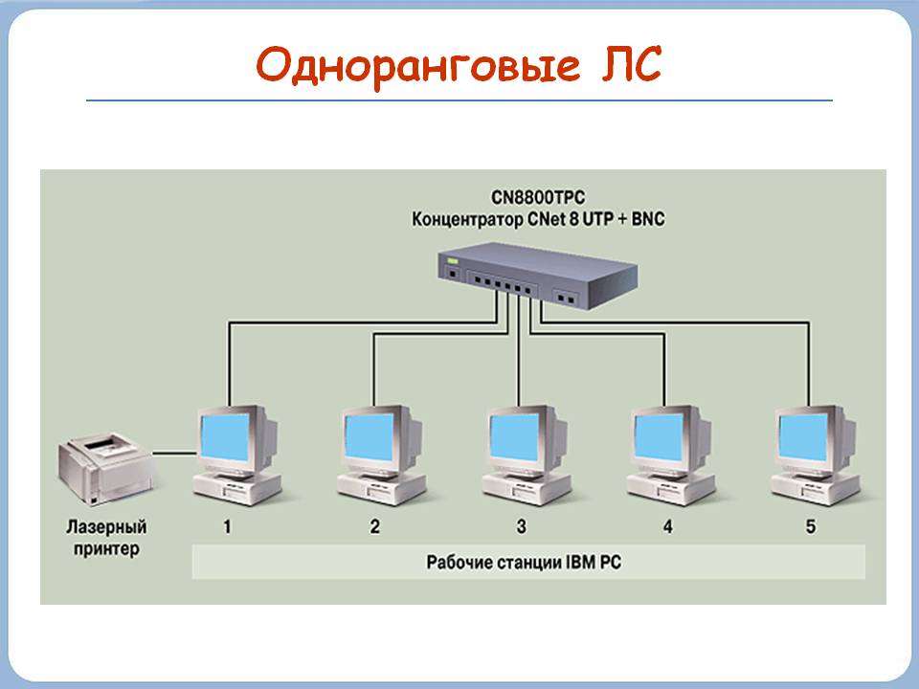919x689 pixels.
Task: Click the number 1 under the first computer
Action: click(227, 525)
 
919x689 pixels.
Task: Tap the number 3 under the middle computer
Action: click(521, 525)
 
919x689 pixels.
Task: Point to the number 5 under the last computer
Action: click(811, 525)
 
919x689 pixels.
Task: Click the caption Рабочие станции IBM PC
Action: click(524, 563)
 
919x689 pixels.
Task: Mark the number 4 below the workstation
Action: click(667, 525)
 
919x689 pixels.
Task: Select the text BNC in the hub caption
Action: click(645, 219)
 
